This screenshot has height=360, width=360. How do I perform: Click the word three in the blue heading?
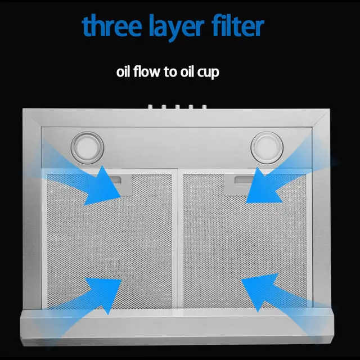coord(111,25)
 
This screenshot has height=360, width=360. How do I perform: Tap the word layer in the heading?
coord(177,26)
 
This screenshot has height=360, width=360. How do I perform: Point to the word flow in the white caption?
coord(146,71)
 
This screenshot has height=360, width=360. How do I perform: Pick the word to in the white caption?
coord(170,72)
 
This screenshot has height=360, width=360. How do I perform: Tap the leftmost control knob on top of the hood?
coord(150,107)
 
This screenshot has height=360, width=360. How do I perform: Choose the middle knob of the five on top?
coord(178,107)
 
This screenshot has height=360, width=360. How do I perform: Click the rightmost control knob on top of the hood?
coord(204,107)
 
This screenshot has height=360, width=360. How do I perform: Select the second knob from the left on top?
coord(164,107)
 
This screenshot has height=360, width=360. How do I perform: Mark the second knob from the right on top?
coord(191,107)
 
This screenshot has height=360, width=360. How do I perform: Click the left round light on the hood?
coord(87,148)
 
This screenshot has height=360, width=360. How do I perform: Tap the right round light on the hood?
coord(267,147)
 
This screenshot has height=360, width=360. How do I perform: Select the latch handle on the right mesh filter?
coord(244,180)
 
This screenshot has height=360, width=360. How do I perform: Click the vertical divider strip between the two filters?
coord(178,238)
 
